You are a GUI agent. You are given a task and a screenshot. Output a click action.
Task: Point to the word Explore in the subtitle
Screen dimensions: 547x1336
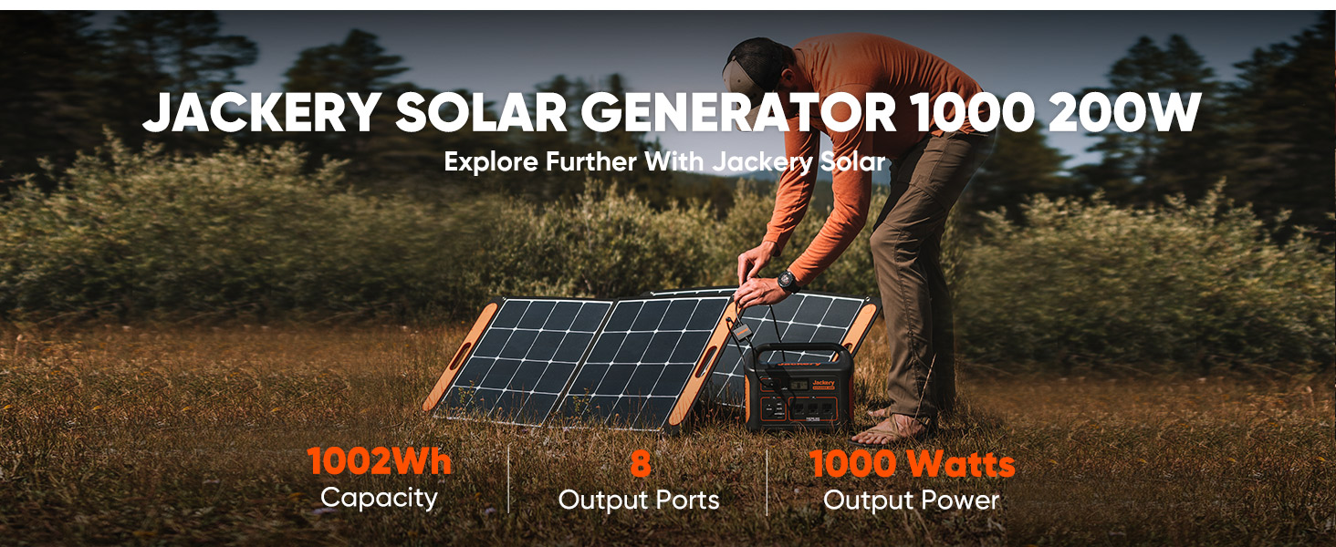click(x=481, y=163)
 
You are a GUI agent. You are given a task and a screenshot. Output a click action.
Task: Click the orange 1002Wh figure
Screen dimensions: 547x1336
click(x=380, y=462)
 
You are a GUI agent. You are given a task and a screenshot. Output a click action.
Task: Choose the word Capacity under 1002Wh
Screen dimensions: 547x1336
click(x=380, y=498)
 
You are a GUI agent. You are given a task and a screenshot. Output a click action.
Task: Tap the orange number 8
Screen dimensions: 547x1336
click(x=641, y=464)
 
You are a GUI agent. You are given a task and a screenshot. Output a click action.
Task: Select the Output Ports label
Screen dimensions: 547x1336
click(x=639, y=500)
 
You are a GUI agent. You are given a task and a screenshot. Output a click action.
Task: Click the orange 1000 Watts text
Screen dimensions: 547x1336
click(x=912, y=464)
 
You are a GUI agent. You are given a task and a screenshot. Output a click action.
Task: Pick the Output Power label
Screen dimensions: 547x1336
click(x=911, y=500)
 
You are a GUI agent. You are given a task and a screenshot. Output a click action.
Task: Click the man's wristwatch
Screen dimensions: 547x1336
click(x=788, y=280)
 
